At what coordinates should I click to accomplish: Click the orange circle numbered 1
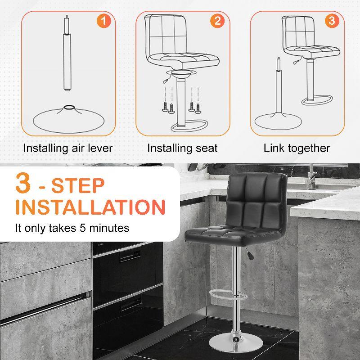pyautogui.click(x=104, y=21)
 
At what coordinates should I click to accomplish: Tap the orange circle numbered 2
pyautogui.click(x=218, y=21)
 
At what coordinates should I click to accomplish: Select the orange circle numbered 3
pyautogui.click(x=332, y=21)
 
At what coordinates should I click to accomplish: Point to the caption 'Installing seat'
pyautogui.click(x=182, y=148)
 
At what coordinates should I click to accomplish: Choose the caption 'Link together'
pyautogui.click(x=297, y=148)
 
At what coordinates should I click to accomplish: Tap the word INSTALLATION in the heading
pyautogui.click(x=90, y=207)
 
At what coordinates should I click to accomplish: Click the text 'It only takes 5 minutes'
pyautogui.click(x=72, y=228)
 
